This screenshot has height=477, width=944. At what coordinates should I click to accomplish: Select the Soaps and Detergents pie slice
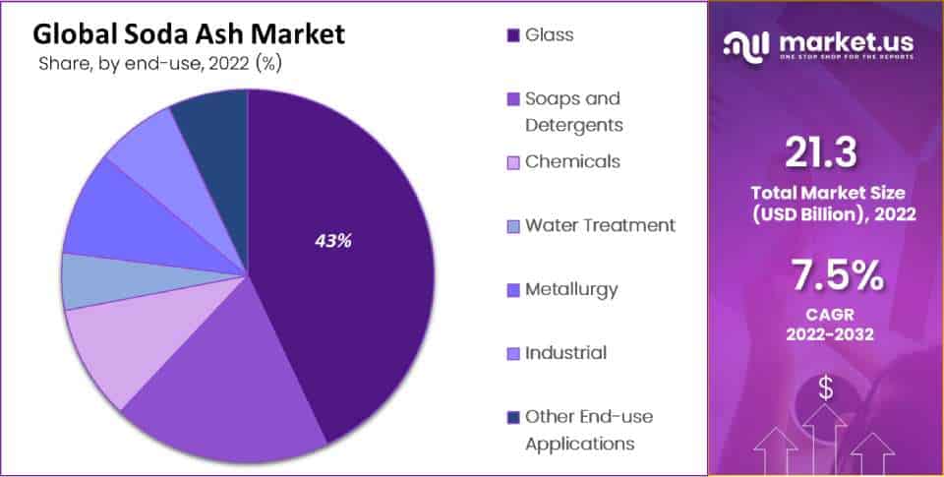pyautogui.click(x=226, y=374)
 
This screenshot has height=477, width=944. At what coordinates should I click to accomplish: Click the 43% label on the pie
pyautogui.click(x=333, y=240)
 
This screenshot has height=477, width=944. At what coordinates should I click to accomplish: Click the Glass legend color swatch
pyautogui.click(x=512, y=36)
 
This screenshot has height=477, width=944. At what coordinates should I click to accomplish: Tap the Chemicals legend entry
pyautogui.click(x=572, y=161)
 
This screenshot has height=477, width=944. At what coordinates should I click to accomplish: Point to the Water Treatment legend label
pyautogui.click(x=600, y=225)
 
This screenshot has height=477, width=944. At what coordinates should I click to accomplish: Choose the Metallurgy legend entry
pyautogui.click(x=571, y=289)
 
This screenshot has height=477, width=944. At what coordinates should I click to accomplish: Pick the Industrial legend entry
pyautogui.click(x=565, y=353)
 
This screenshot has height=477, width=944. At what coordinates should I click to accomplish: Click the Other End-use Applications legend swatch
pyautogui.click(x=512, y=417)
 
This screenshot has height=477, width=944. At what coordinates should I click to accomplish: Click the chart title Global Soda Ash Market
pyautogui.click(x=189, y=34)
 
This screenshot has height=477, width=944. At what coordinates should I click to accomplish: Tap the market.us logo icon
pyautogui.click(x=746, y=44)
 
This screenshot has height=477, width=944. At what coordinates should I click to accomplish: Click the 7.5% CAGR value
pyautogui.click(x=825, y=278)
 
